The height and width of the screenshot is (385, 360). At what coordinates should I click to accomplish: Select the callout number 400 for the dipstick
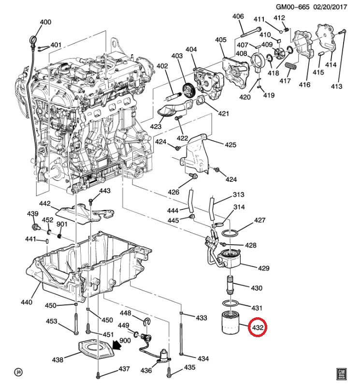(45, 22)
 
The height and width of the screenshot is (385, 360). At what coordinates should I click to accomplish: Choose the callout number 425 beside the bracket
(230, 144)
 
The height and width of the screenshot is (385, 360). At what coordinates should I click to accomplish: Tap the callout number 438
(58, 360)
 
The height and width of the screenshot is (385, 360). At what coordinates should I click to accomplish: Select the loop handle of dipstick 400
(33, 38)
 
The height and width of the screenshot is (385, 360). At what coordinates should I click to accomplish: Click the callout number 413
(336, 86)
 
